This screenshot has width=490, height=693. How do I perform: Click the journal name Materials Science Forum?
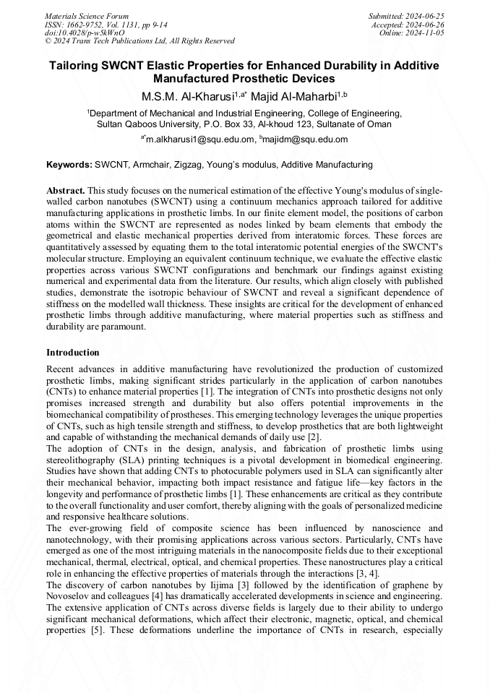click(x=87, y=15)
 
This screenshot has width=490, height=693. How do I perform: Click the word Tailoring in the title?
click(x=75, y=66)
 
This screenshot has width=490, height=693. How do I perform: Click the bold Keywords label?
click(x=69, y=165)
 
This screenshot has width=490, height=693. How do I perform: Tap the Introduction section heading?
click(x=73, y=353)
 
